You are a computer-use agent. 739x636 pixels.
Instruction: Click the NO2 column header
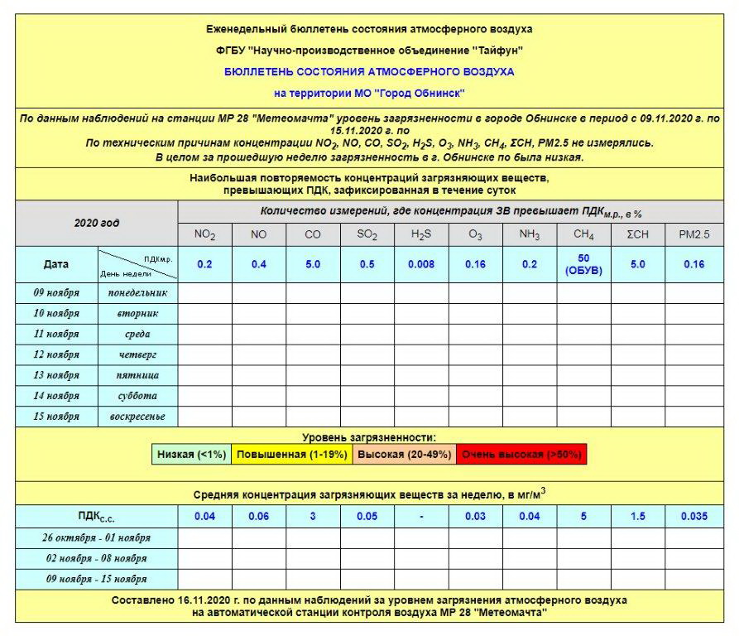(x=204, y=235)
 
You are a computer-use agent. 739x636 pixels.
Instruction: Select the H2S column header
(x=420, y=235)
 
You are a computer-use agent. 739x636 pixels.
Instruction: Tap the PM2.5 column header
(x=693, y=235)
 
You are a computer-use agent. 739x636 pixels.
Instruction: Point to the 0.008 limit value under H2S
(x=420, y=265)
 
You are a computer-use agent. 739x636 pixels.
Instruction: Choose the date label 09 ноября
(x=56, y=293)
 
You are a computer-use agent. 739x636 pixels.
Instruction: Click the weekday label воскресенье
(x=137, y=417)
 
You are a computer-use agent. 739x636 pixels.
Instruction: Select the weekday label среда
(x=137, y=335)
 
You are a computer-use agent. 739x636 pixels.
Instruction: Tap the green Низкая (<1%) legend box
(x=191, y=455)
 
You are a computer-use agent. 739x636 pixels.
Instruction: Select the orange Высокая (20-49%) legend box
(x=403, y=455)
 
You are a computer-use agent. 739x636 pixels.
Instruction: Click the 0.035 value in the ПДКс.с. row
(x=693, y=517)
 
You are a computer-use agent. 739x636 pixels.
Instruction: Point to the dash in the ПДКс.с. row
(x=420, y=517)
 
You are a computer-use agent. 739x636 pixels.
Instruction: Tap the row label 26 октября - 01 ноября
(x=97, y=537)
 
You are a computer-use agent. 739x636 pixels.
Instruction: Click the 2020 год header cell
(x=97, y=224)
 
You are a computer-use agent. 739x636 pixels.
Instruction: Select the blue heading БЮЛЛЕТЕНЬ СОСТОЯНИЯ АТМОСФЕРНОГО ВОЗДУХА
(x=369, y=72)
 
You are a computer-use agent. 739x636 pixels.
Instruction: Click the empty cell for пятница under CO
(x=312, y=375)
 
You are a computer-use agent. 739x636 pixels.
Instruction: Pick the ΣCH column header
(x=637, y=235)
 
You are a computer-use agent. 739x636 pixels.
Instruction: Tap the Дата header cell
(x=56, y=265)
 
